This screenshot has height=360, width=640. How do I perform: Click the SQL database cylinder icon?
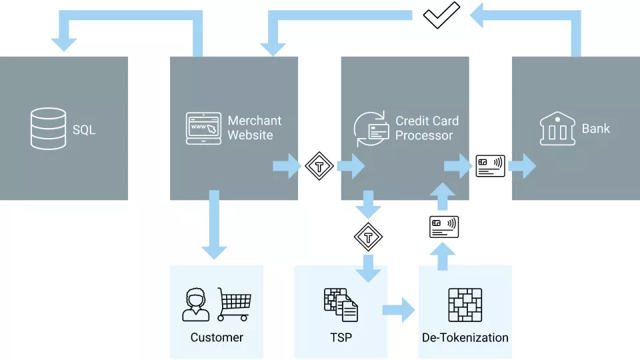tap(49, 129)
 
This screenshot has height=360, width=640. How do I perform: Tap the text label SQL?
tap(84, 129)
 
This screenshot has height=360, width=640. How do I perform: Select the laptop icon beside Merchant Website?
tap(203, 129)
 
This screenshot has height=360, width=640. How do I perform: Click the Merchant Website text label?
tap(254, 128)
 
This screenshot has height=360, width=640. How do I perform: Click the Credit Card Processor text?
tap(427, 128)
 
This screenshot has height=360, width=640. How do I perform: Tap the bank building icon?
tap(557, 129)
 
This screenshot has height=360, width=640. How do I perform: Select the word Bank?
tap(595, 129)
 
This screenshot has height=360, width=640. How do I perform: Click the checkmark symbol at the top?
tap(441, 15)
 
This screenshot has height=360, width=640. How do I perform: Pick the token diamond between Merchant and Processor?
tap(319, 166)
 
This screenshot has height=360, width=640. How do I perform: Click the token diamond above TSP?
tap(368, 237)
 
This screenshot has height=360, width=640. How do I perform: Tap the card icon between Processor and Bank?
tap(490, 166)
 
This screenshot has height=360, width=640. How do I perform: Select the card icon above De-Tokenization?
tap(443, 227)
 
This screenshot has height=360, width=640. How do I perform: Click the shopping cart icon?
tap(233, 304)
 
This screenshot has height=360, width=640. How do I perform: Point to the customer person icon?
tap(195, 305)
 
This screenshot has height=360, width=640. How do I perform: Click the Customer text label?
tap(217, 337)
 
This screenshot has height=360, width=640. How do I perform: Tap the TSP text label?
tap(341, 337)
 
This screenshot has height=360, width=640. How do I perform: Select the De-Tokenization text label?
tap(465, 337)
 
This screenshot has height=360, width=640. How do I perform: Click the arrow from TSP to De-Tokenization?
tap(399, 310)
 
